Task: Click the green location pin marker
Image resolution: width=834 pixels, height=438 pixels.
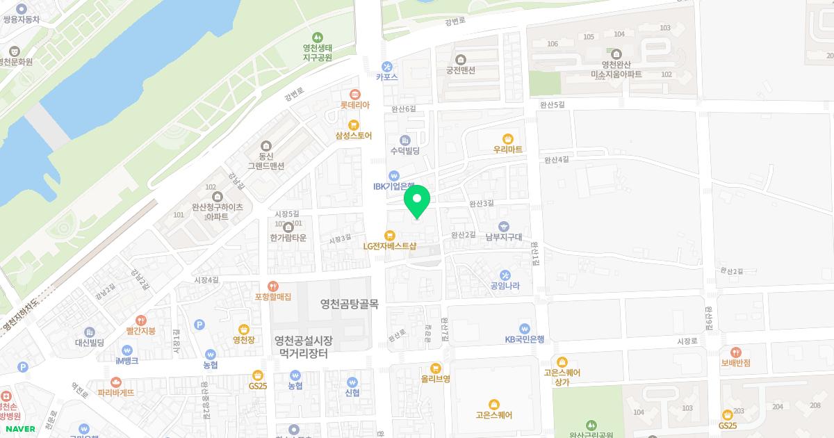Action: [x=417, y=201]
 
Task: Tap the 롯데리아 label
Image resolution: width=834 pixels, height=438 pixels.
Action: [x=354, y=104]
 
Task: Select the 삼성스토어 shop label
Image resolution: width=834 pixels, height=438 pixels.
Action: [x=354, y=136]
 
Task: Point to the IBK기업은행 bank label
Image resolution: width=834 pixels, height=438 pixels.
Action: [x=393, y=186]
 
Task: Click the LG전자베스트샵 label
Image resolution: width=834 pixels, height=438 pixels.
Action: [x=390, y=245]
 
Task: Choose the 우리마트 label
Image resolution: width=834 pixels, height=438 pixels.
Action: [x=507, y=149]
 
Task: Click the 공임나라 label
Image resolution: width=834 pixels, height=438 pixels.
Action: [x=505, y=284]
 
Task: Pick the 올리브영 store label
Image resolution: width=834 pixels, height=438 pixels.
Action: [x=436, y=378]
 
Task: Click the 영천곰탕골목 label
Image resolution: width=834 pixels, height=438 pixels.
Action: [x=349, y=304]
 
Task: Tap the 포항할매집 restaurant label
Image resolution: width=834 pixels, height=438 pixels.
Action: [x=272, y=296]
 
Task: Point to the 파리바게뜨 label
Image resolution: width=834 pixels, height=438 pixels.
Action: [x=115, y=392]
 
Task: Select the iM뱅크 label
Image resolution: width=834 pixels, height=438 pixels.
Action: [x=126, y=361]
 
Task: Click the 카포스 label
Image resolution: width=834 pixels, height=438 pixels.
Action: [x=386, y=76]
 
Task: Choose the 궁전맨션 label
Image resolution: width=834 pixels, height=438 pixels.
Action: [x=460, y=70]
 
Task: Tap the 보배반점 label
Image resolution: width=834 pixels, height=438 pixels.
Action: [x=735, y=362]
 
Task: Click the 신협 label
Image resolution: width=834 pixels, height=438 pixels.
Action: [x=352, y=391]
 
